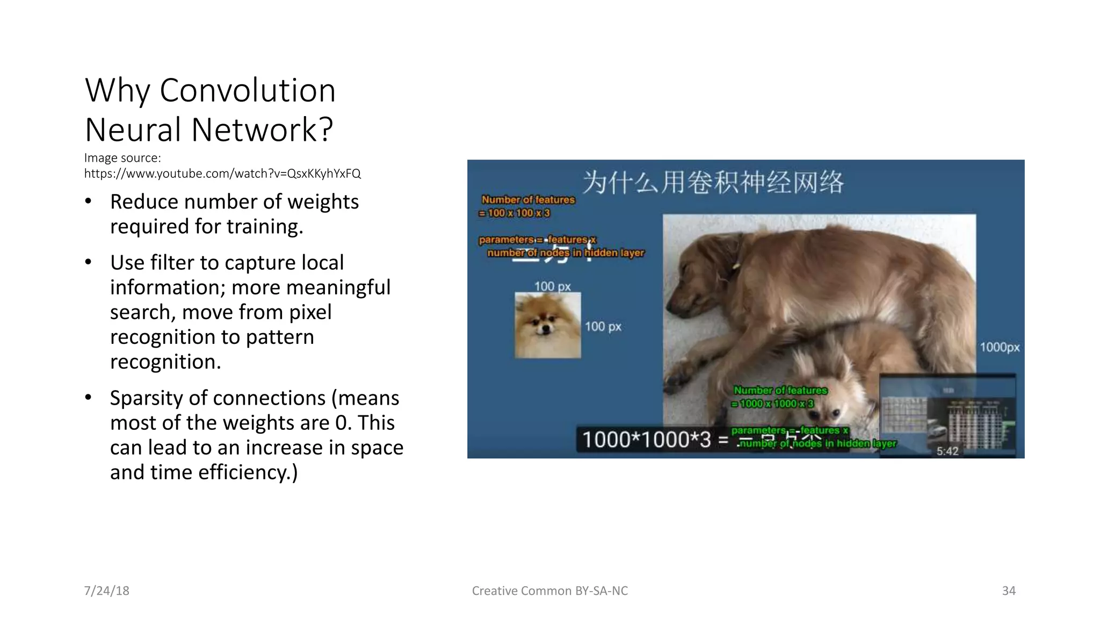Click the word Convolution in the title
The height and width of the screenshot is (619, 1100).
coord(248,90)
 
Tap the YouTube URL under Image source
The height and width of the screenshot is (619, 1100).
coord(222,174)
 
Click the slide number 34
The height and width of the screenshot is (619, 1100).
coord(1008,591)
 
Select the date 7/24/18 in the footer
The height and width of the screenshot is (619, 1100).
coord(106,591)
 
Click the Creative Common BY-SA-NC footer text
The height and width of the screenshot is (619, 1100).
coord(549,591)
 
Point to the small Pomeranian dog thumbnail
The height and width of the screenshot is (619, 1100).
coord(547,325)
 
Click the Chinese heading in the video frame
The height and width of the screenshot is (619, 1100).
coord(713,182)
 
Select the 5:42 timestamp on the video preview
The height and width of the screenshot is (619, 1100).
coord(947,451)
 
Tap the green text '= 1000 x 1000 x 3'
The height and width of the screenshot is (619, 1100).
coord(773,404)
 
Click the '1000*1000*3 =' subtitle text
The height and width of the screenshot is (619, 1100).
coord(655,440)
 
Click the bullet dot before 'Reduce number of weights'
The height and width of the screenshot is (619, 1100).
coord(89,201)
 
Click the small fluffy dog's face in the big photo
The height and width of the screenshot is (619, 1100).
coord(822,408)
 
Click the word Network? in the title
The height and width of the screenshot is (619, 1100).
coord(262,130)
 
